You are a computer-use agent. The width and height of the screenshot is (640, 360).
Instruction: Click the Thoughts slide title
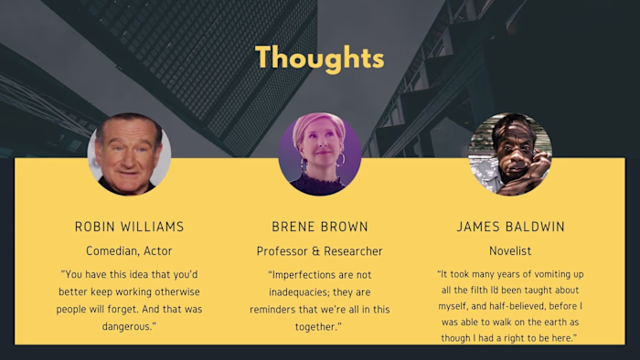coord(319,58)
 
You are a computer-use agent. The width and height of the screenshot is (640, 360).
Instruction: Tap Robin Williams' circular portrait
coord(129,154)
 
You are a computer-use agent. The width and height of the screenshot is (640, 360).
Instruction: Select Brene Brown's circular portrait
coord(319,154)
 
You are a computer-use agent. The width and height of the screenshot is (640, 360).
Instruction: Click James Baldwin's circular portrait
coord(509,154)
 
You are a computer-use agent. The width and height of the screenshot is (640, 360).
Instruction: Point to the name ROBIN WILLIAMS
coord(129,227)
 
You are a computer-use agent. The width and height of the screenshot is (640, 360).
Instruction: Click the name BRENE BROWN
coord(319,227)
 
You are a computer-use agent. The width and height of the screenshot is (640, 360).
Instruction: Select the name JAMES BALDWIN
coord(510,227)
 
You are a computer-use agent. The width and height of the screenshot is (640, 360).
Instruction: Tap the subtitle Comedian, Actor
coord(129,250)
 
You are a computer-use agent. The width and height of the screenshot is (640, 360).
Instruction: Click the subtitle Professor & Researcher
coord(319,250)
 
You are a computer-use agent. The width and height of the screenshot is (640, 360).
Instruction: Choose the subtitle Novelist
coord(510,250)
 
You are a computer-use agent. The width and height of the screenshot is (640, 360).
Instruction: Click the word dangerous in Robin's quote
coord(129,325)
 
